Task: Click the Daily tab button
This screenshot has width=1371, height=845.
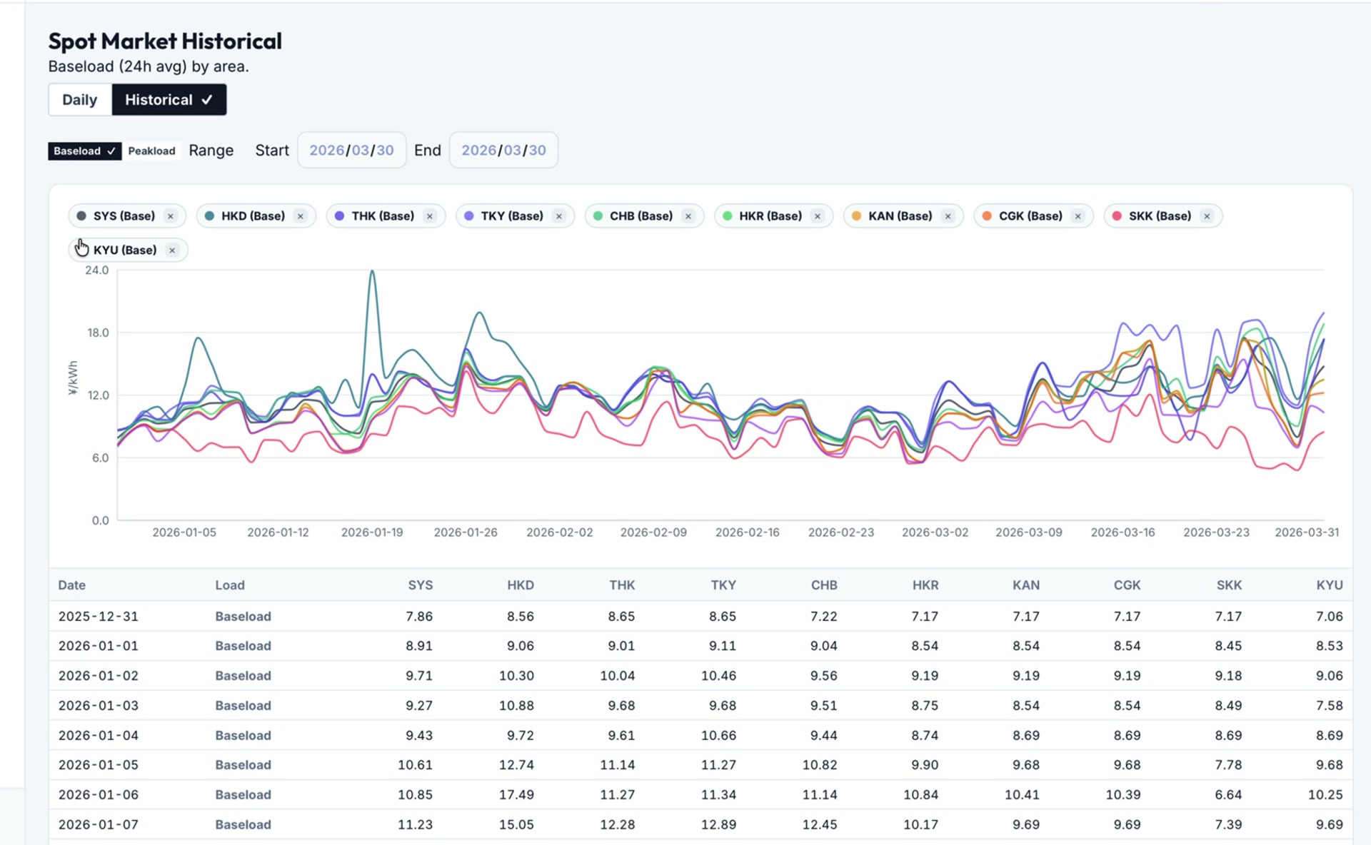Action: pos(79,100)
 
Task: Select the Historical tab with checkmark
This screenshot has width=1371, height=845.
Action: pos(169,100)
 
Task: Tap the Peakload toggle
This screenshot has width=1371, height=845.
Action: pos(151,151)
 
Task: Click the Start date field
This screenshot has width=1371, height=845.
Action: pos(351,150)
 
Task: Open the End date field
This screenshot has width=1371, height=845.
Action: pos(503,150)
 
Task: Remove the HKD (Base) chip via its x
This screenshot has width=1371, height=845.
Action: pos(301,216)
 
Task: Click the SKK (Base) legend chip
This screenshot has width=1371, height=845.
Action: pos(1159,216)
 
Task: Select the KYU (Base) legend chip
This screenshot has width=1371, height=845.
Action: pos(125,251)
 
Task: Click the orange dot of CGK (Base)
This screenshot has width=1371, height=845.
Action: pos(986,216)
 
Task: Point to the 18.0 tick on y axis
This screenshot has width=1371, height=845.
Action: pos(98,333)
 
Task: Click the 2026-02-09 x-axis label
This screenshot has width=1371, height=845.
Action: pos(653,532)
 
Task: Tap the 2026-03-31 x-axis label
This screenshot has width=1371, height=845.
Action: pos(1307,532)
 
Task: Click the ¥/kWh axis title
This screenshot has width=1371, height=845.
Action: pos(73,378)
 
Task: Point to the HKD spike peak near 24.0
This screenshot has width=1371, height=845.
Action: pos(372,272)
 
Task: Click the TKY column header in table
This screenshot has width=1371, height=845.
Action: pos(723,585)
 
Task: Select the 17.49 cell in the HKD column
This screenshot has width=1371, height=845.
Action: pos(516,794)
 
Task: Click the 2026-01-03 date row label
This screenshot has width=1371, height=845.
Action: pos(99,705)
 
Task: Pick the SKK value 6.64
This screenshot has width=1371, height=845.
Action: pos(1228,794)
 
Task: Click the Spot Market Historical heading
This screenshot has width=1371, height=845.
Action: pos(165,41)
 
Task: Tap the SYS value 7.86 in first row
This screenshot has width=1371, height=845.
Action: pos(419,616)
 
